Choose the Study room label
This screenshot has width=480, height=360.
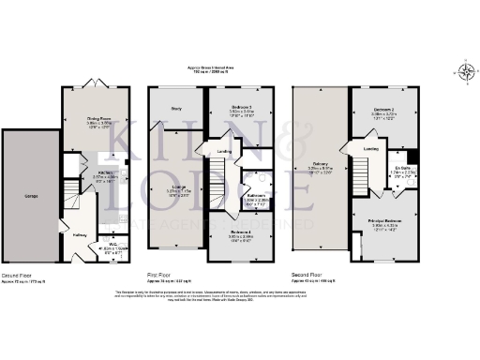coord(175,109)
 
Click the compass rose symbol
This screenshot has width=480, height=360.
coord(467,68)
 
